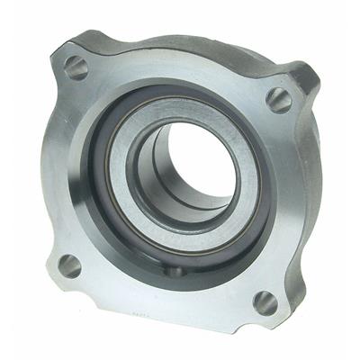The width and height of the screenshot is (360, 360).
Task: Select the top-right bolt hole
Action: click(x=279, y=100)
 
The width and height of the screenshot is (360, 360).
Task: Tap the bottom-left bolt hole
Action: click(x=69, y=265)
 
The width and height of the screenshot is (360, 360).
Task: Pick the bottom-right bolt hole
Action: click(x=265, y=302)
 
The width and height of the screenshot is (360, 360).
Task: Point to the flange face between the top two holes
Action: click(x=180, y=67)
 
